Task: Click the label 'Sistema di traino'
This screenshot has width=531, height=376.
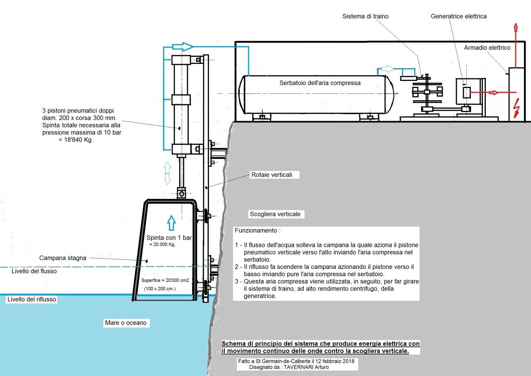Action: click(365, 16)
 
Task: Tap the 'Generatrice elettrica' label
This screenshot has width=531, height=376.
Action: click(458, 16)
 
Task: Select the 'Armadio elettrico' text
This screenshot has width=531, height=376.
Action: click(487, 48)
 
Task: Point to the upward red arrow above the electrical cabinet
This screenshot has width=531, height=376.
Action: click(516, 45)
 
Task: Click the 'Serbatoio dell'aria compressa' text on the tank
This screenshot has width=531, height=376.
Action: click(320, 83)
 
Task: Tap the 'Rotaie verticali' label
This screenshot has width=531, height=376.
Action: click(272, 175)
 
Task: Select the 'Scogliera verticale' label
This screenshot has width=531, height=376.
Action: click(275, 214)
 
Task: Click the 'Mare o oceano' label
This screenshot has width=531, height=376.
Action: click(126, 322)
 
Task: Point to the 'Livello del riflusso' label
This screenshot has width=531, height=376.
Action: click(32, 299)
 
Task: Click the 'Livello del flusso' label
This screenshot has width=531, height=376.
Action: click(34, 271)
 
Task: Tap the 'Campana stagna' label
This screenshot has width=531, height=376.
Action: click(63, 258)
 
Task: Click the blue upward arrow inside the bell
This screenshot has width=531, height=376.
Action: click(171, 223)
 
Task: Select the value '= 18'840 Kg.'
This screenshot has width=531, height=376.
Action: click(76, 140)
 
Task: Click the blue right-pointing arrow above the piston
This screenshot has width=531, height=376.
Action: click(183, 46)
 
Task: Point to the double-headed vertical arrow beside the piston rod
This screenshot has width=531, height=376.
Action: click(167, 173)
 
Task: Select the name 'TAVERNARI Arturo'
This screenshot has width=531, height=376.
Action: click(306, 367)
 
